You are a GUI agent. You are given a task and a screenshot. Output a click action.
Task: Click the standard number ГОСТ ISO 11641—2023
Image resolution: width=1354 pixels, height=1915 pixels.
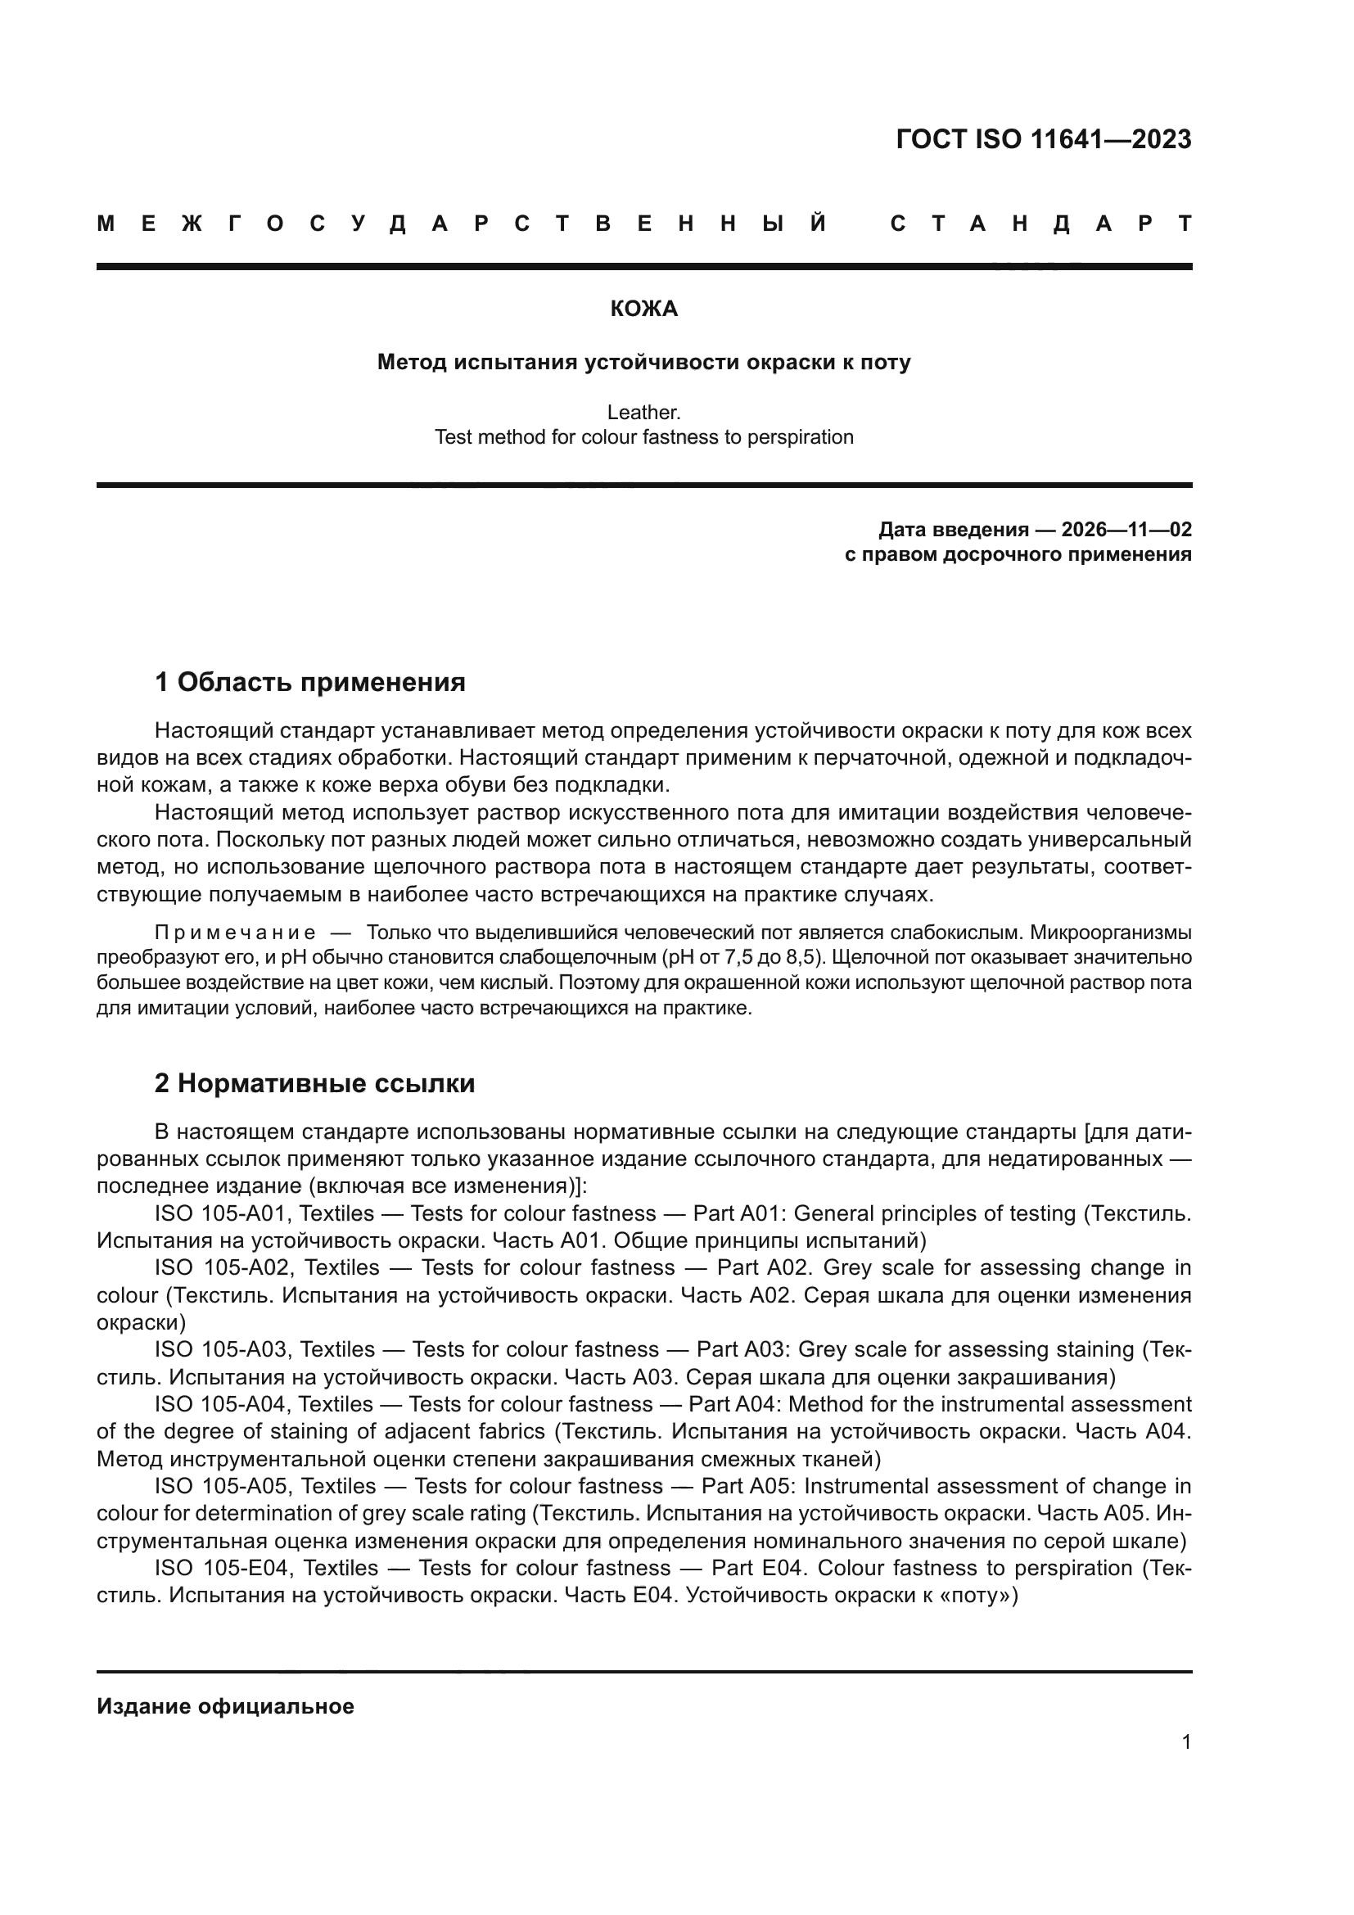(x=1043, y=139)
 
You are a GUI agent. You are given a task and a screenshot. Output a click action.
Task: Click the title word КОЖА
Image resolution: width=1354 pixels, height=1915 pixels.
(x=643, y=309)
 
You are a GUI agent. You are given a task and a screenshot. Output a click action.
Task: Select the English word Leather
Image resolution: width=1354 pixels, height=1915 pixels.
(x=643, y=412)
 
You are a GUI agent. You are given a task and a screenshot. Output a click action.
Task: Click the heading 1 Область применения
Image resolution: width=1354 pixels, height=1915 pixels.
(x=309, y=682)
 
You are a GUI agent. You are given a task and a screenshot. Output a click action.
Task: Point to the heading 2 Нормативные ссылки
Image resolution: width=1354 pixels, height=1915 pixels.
(x=314, y=1083)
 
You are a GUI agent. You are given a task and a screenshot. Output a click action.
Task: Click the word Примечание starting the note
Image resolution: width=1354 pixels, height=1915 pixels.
(x=235, y=932)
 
